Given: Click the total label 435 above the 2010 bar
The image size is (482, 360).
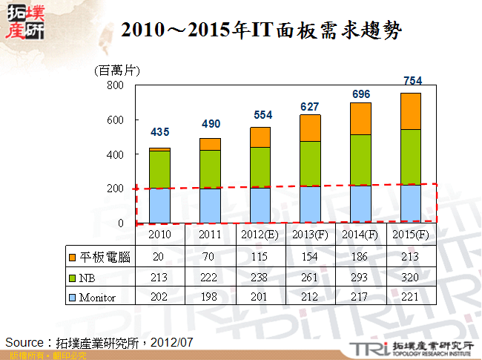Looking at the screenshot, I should [x=159, y=132].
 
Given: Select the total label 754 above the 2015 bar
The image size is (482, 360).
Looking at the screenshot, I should [x=412, y=80].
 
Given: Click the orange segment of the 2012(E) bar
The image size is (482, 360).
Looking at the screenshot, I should [x=260, y=137].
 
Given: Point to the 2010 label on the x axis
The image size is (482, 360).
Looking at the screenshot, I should [x=159, y=235].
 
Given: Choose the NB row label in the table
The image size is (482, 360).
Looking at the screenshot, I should [x=89, y=277].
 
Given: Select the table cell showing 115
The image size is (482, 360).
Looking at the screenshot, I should [x=260, y=257].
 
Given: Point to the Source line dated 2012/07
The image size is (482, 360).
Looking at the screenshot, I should [x=99, y=342].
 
